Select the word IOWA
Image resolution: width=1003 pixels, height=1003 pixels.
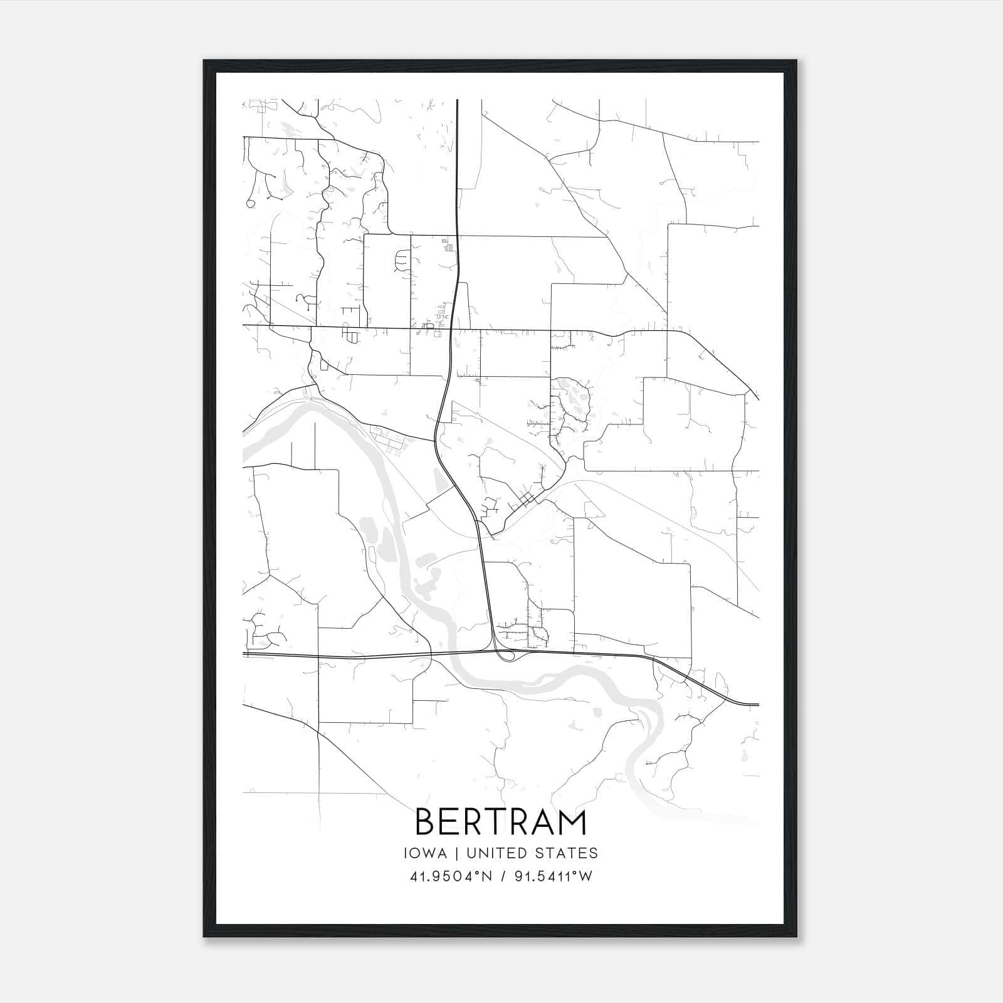click(x=426, y=853)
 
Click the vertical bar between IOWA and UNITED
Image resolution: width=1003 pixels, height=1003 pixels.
click(x=456, y=853)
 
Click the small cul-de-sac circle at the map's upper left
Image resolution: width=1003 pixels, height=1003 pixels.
click(x=251, y=203)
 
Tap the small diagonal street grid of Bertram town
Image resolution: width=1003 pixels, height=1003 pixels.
click(x=528, y=498)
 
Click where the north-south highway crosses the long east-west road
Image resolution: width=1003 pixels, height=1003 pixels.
click(x=450, y=328)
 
